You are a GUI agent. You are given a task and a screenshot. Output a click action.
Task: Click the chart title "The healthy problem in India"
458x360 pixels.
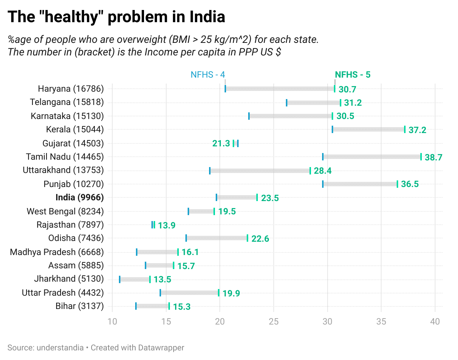click(116, 17)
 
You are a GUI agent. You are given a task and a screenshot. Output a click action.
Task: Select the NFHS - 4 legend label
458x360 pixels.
click(208, 75)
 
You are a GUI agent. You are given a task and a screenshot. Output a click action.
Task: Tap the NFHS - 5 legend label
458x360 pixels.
click(352, 75)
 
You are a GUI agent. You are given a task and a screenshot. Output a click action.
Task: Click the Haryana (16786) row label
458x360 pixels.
click(71, 89)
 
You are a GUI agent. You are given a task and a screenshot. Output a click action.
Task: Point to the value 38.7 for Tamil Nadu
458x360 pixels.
click(433, 157)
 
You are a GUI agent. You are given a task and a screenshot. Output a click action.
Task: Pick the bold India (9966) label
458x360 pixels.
click(79, 197)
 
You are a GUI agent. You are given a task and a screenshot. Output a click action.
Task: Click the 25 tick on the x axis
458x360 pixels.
click(274, 322)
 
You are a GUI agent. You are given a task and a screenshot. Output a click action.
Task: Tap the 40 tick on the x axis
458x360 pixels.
click(435, 322)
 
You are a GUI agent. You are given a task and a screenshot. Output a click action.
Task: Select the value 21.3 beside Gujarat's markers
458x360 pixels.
click(221, 143)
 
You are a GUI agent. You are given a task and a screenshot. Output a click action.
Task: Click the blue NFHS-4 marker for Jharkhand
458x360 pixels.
click(120, 279)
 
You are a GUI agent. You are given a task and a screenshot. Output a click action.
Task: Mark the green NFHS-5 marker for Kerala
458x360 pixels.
click(405, 129)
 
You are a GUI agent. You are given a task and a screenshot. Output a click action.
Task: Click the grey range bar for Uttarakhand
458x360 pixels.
click(260, 171)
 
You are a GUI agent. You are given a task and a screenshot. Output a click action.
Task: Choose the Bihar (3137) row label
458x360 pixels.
click(79, 306)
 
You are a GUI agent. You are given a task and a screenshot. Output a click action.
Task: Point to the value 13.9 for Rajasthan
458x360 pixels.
click(167, 225)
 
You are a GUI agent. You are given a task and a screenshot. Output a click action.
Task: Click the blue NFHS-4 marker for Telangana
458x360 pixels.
click(287, 103)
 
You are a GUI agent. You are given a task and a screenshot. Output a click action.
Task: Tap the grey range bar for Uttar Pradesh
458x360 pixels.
click(189, 293)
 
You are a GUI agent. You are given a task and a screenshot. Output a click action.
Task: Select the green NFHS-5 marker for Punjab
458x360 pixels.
click(397, 184)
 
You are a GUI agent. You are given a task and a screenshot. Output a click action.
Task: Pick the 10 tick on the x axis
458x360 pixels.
click(112, 322)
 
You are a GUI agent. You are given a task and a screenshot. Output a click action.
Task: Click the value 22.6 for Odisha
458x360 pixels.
click(260, 239)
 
